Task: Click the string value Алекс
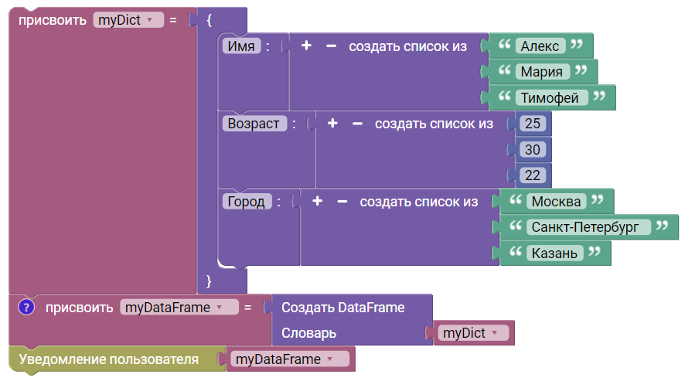[x=540, y=46]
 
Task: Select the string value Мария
[x=542, y=72]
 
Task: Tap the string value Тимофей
[x=550, y=97]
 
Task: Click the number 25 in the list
[x=533, y=124]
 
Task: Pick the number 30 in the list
[x=533, y=149]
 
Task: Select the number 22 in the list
[x=533, y=175]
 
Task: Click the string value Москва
[x=556, y=202]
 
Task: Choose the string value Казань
[x=554, y=253]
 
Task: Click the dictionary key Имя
[x=241, y=46]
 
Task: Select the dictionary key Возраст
[x=254, y=124]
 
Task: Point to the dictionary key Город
[x=247, y=202]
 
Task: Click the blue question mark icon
[x=26, y=307]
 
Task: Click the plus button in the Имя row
[x=306, y=46]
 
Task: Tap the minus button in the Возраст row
[x=357, y=124]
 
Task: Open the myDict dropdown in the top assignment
[x=128, y=20]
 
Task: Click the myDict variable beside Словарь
[x=473, y=333]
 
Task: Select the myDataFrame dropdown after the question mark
[x=179, y=307]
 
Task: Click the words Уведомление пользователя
[x=108, y=359]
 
